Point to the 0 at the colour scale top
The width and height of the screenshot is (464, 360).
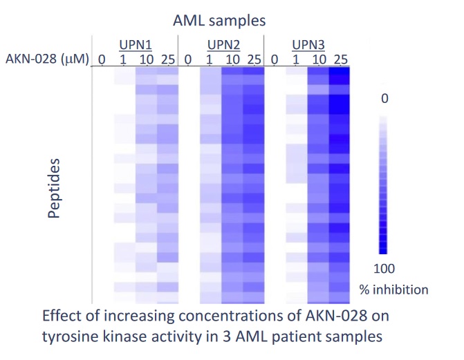(385, 99)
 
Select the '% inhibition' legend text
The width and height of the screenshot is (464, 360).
(393, 289)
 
